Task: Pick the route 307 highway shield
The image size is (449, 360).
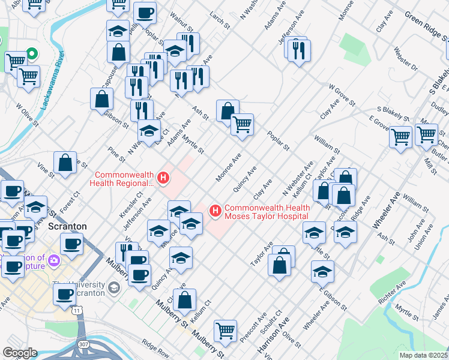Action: pos(83,344)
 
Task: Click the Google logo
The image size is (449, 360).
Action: pos(19,353)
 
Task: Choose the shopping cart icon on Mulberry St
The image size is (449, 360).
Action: pos(225,329)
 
